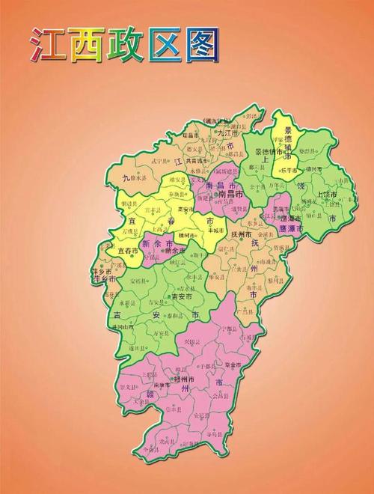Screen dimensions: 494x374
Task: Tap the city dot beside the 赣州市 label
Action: pyautogui.click(x=174, y=379)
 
